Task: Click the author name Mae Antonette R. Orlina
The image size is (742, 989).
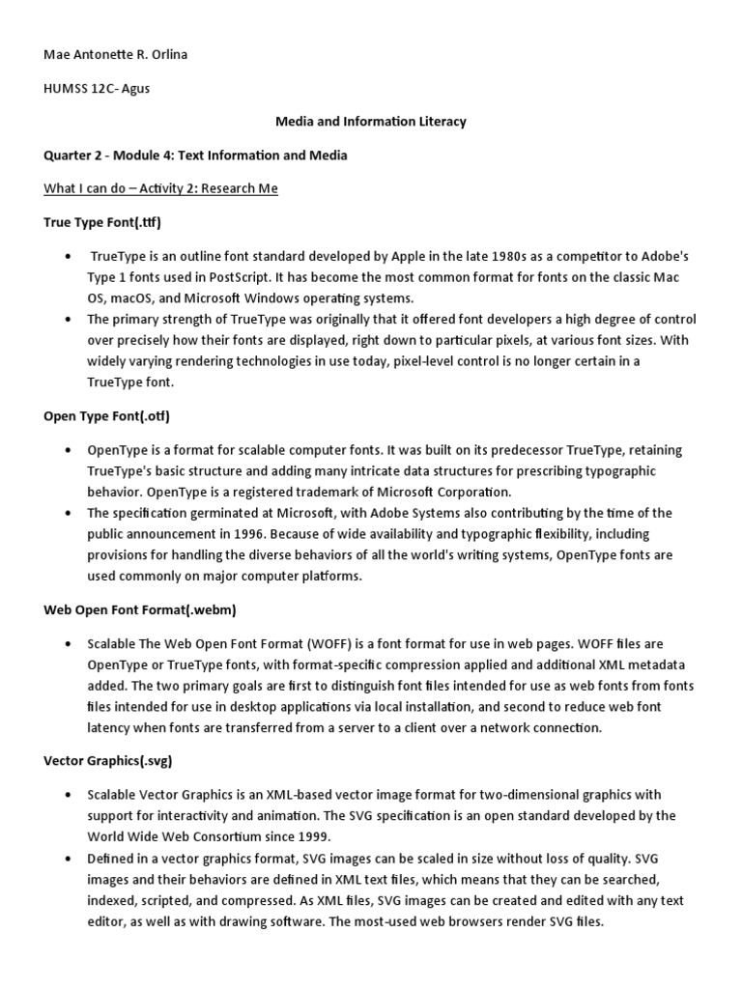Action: [x=116, y=55]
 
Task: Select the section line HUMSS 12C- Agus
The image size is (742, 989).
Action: [x=98, y=89]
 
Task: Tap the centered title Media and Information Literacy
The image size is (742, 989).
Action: [x=371, y=122]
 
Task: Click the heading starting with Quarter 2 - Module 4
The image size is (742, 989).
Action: [x=196, y=155]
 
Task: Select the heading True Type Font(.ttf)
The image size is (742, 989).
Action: [x=102, y=222]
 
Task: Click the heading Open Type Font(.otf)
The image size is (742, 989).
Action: [x=106, y=416]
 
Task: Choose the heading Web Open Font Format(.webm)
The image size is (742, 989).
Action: [x=140, y=610]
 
